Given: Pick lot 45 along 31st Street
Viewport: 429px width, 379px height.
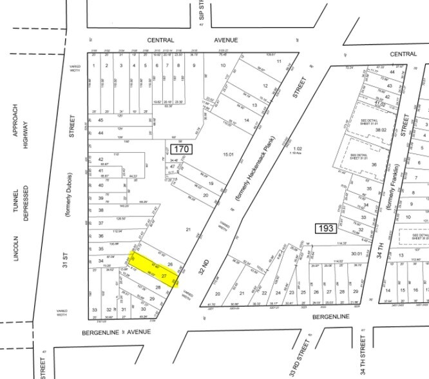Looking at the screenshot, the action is [x=100, y=121].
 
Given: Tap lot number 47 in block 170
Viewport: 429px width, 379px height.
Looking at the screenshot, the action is [x=172, y=166].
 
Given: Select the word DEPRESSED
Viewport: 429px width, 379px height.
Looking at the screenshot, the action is [x=26, y=203].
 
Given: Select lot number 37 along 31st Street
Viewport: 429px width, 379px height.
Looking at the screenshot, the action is [x=100, y=223].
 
